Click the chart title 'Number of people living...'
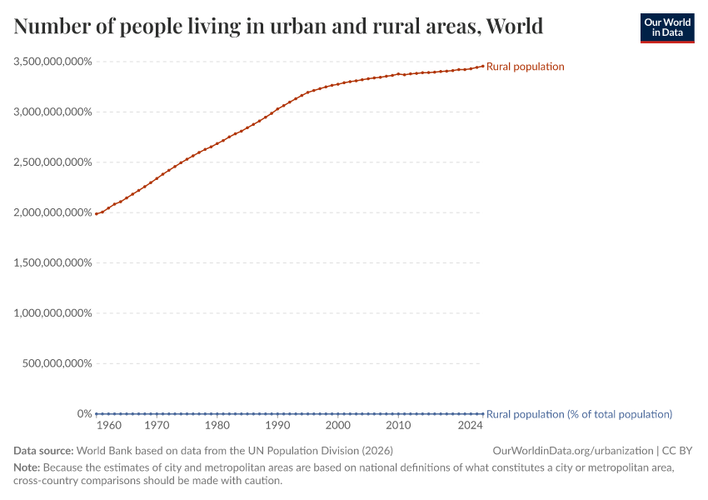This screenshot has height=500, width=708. [x=278, y=27]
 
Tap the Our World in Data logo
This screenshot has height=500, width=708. [x=666, y=27]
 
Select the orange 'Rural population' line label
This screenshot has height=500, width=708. [x=525, y=67]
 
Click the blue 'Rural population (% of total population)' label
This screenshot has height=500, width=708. [x=579, y=414]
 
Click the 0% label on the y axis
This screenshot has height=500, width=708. [x=84, y=414]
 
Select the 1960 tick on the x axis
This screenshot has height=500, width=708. [x=109, y=426]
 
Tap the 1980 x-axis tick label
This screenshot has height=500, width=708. [x=217, y=426]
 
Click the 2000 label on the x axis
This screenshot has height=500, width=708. [x=337, y=426]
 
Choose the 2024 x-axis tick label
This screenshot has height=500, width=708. [x=471, y=426]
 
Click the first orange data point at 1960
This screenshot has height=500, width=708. [x=97, y=214]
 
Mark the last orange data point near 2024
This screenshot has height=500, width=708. [x=482, y=66]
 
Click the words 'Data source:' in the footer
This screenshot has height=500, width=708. [x=43, y=451]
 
